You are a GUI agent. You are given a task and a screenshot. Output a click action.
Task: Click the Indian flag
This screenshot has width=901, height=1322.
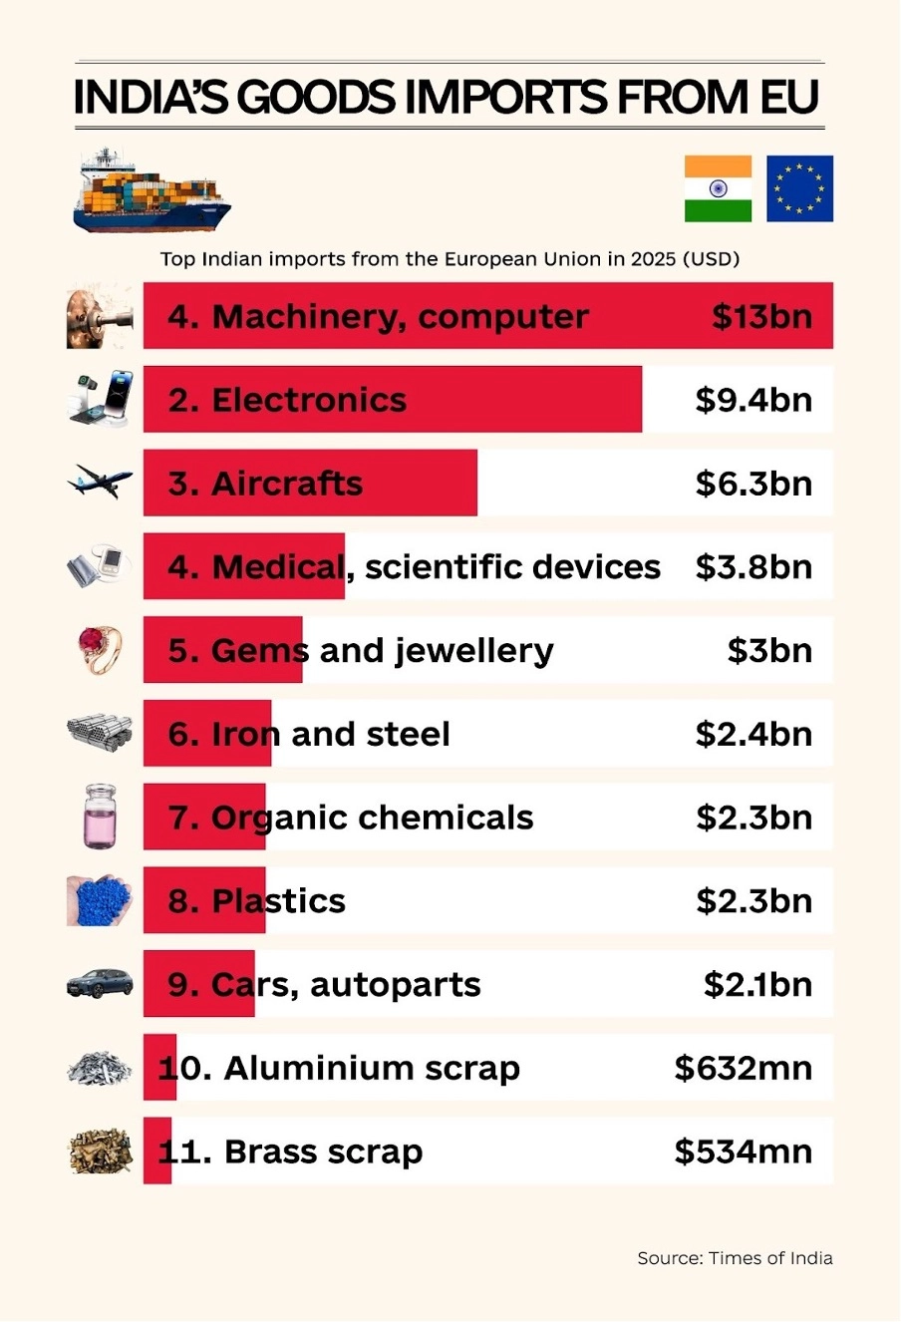click(x=718, y=188)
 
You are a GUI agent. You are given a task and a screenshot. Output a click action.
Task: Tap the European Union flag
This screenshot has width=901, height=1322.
click(x=799, y=188)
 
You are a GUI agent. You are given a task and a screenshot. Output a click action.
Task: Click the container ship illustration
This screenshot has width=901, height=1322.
click(x=151, y=191)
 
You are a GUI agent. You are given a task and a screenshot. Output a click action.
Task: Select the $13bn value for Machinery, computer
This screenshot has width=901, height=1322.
click(x=761, y=317)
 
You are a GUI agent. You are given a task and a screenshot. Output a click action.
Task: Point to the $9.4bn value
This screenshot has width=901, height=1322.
click(x=753, y=400)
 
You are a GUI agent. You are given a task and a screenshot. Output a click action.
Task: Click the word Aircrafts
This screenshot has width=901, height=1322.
click(x=287, y=484)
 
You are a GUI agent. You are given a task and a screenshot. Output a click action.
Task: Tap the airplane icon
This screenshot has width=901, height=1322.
click(x=100, y=481)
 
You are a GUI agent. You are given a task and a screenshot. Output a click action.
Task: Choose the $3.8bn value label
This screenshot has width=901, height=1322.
click(x=753, y=567)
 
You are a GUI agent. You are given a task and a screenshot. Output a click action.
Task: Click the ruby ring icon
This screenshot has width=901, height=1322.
click(x=100, y=649)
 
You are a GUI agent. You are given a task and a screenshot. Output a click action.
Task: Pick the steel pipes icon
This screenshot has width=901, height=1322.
click(x=100, y=733)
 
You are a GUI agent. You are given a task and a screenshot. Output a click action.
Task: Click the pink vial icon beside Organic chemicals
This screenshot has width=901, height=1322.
click(x=100, y=817)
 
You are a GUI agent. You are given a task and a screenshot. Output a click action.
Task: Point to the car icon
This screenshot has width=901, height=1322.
click(x=100, y=983)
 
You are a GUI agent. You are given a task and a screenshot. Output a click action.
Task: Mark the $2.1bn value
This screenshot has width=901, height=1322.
click(x=757, y=985)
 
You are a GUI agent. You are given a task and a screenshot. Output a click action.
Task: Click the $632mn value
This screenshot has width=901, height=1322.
click(x=743, y=1069)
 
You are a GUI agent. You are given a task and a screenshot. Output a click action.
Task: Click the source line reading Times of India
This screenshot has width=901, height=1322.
click(x=735, y=1258)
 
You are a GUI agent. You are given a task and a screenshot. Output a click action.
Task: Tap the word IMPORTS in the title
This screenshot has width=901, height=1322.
click(x=505, y=98)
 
